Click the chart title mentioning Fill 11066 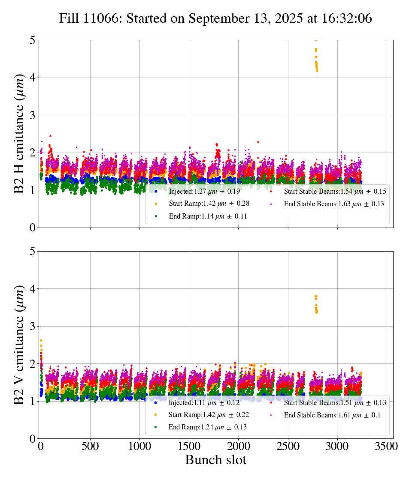(215, 18)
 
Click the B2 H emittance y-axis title (19, 134)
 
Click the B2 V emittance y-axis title (19, 345)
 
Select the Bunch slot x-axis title (215, 460)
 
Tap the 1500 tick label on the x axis (189, 445)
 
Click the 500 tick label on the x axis (90, 445)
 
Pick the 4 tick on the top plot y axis (33, 78)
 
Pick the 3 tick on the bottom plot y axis (33, 326)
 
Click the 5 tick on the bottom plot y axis (33, 251)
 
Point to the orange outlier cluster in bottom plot (316, 304)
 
